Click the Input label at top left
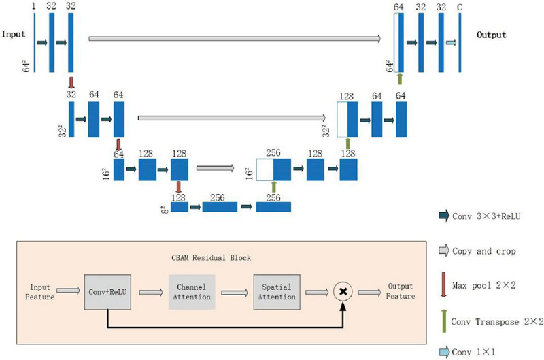click(14, 33)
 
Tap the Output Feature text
click(401, 291)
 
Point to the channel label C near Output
click(460, 7)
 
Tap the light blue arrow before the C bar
click(450, 42)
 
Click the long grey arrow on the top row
click(235, 39)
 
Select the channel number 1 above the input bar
click(34, 6)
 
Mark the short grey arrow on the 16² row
click(215, 167)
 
